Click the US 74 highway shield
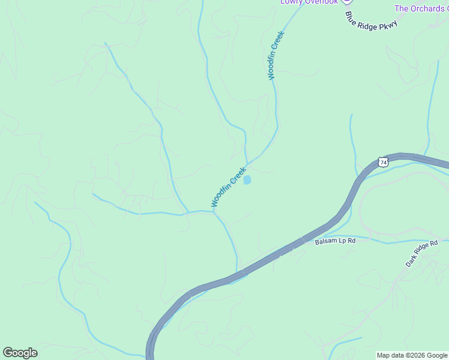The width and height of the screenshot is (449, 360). click(x=384, y=162)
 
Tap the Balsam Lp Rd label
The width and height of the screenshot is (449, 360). click(x=335, y=241)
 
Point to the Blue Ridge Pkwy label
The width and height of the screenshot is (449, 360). click(x=371, y=19)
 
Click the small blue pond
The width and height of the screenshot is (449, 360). click(x=247, y=179)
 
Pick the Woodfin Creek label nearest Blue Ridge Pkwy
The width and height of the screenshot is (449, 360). click(x=276, y=55)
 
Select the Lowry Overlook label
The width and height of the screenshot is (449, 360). click(x=309, y=2)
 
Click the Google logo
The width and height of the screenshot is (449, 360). click(x=20, y=353)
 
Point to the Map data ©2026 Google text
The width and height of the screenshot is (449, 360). click(x=412, y=355)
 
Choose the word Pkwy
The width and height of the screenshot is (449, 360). click(x=388, y=25)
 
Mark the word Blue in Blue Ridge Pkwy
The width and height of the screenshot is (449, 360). click(x=351, y=13)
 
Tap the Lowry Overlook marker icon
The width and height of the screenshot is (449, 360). click(x=346, y=2)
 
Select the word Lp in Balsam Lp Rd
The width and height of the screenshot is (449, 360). click(x=341, y=241)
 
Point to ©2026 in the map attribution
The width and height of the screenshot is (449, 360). click(x=416, y=355)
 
